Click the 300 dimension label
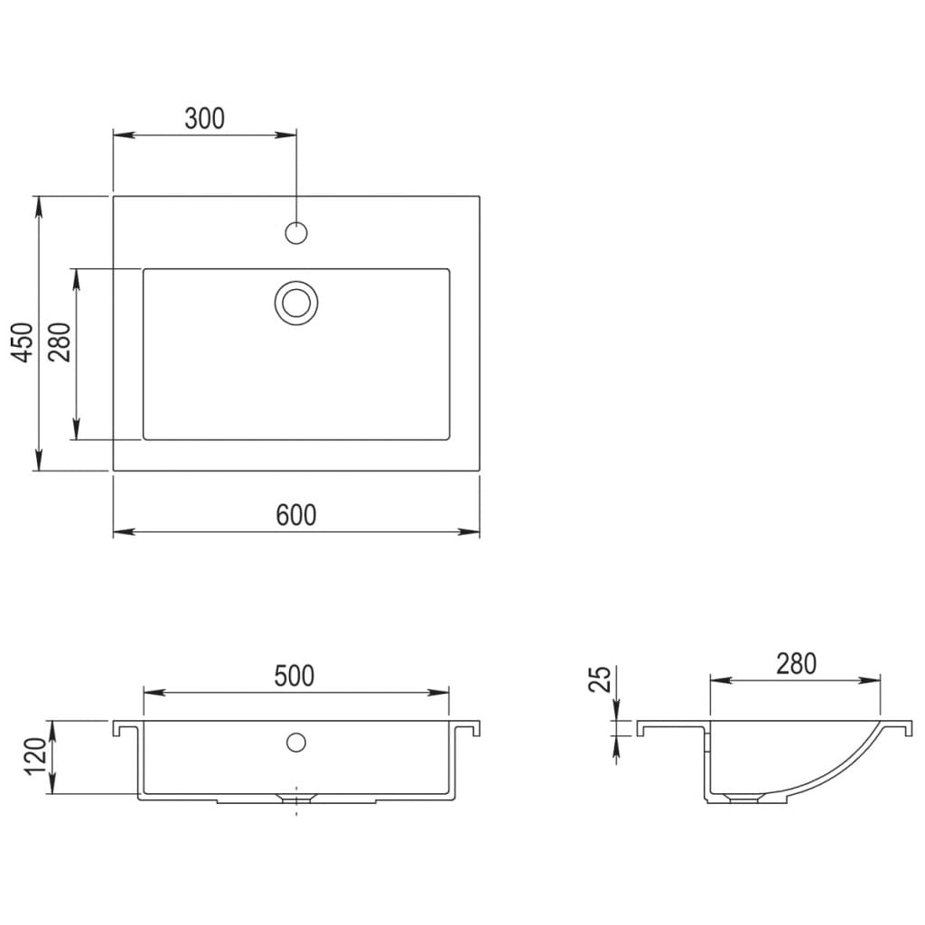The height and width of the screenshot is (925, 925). click(204, 118)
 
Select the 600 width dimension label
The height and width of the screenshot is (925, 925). click(296, 515)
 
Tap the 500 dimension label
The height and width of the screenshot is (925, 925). click(295, 676)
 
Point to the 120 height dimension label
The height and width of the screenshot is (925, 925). click(34, 757)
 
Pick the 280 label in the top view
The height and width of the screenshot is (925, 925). click(61, 342)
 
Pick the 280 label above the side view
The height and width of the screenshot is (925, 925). click(795, 664)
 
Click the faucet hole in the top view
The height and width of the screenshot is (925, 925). click(296, 233)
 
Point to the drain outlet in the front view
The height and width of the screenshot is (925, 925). click(295, 798)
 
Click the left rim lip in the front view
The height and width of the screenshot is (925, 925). click(118, 728)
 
